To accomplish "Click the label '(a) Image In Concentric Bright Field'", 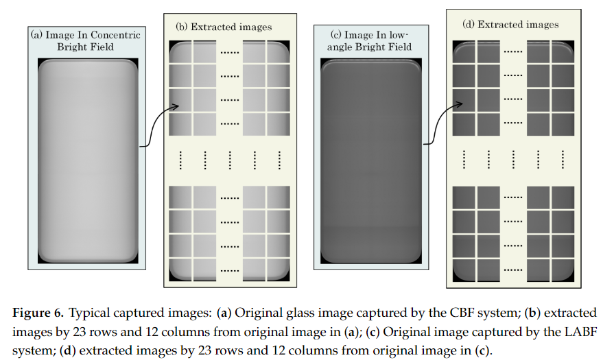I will [86, 41].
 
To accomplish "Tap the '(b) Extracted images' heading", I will [224, 27].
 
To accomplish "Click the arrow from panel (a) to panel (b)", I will [158, 126].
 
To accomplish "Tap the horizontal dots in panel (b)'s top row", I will [229, 51].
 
